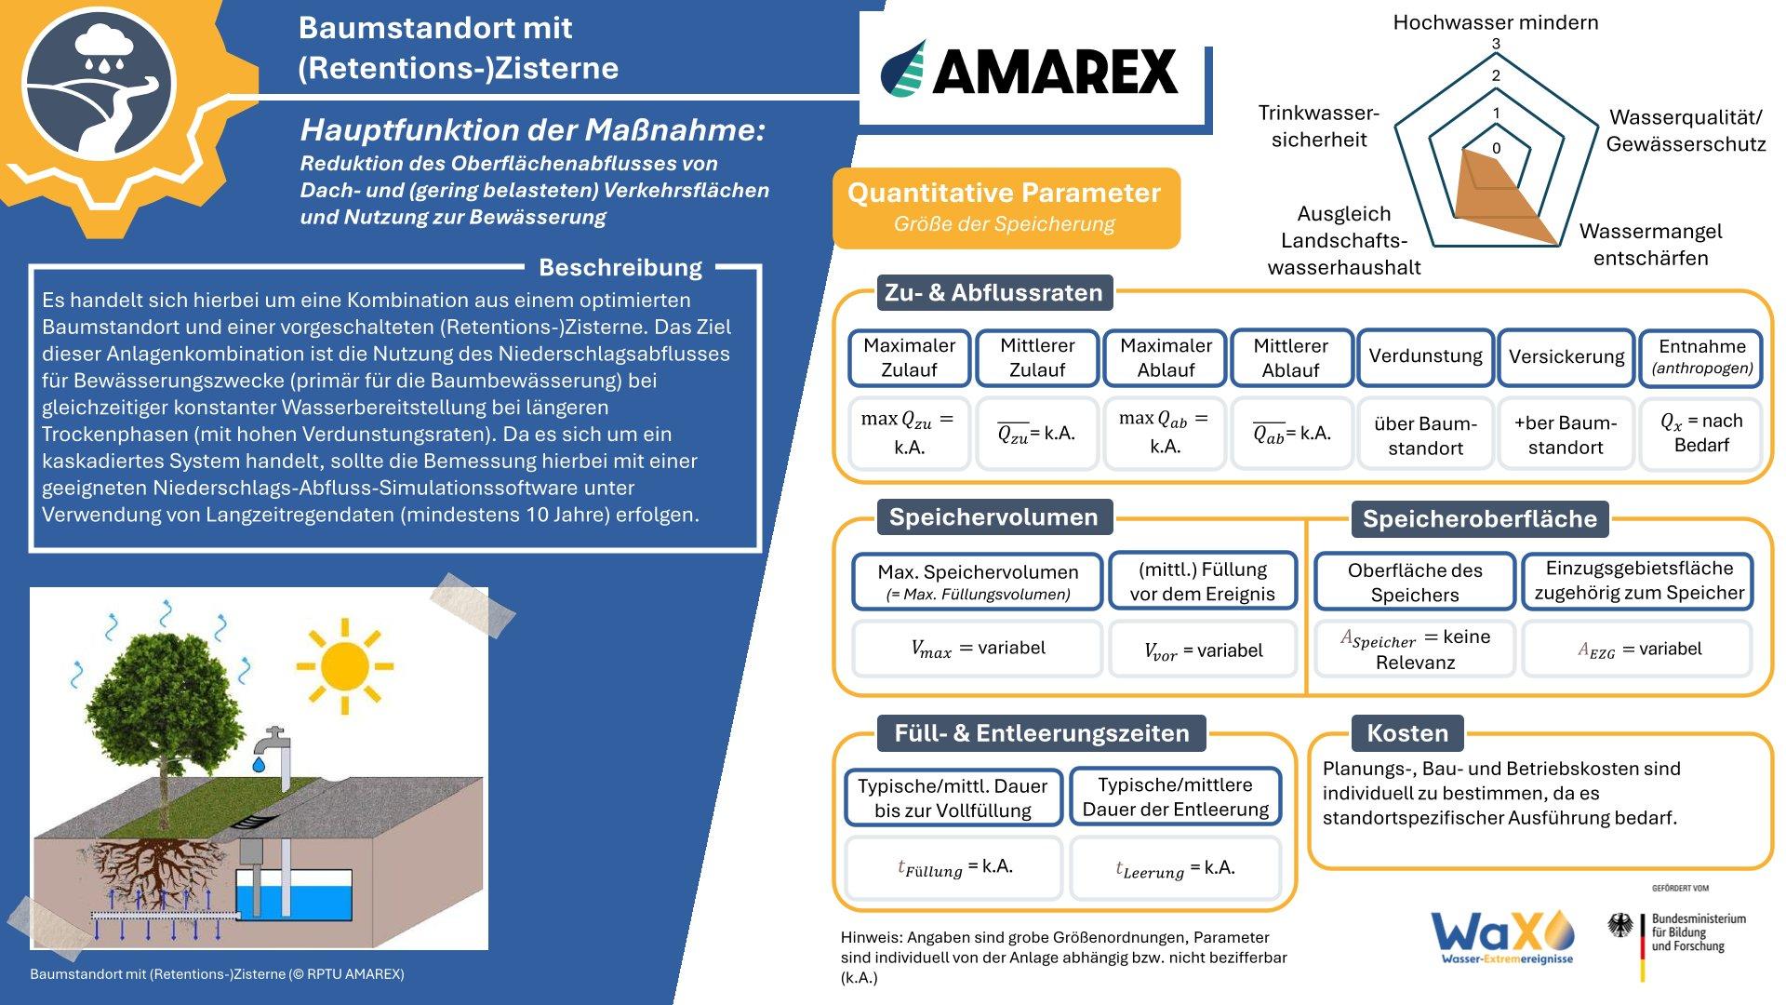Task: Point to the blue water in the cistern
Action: pyautogui.click(x=293, y=898)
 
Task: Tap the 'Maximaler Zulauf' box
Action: pyautogui.click(x=909, y=357)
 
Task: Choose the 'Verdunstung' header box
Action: pyautogui.click(x=1425, y=356)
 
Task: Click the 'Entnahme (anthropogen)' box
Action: pyautogui.click(x=1701, y=356)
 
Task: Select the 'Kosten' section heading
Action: pyautogui.click(x=1407, y=733)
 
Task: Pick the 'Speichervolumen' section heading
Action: pyautogui.click(x=993, y=517)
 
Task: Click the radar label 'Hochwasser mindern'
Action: pyautogui.click(x=1496, y=22)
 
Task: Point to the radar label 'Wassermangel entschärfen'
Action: pyautogui.click(x=1651, y=245)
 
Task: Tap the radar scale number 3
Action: pyautogui.click(x=1496, y=44)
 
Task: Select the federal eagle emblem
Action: pyautogui.click(x=1620, y=925)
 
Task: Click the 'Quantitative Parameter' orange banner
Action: pyautogui.click(x=1006, y=208)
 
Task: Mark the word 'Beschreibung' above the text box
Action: pyautogui.click(x=620, y=268)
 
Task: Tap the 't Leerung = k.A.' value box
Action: pyautogui.click(x=1176, y=868)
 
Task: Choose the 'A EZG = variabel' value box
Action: pyautogui.click(x=1638, y=649)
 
